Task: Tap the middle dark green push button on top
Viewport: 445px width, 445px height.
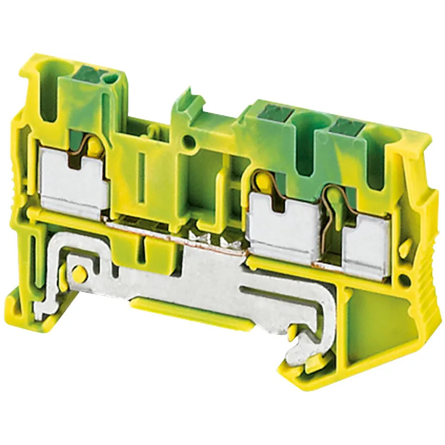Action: click(276, 113)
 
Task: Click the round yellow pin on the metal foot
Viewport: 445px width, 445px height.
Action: click(80, 273)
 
